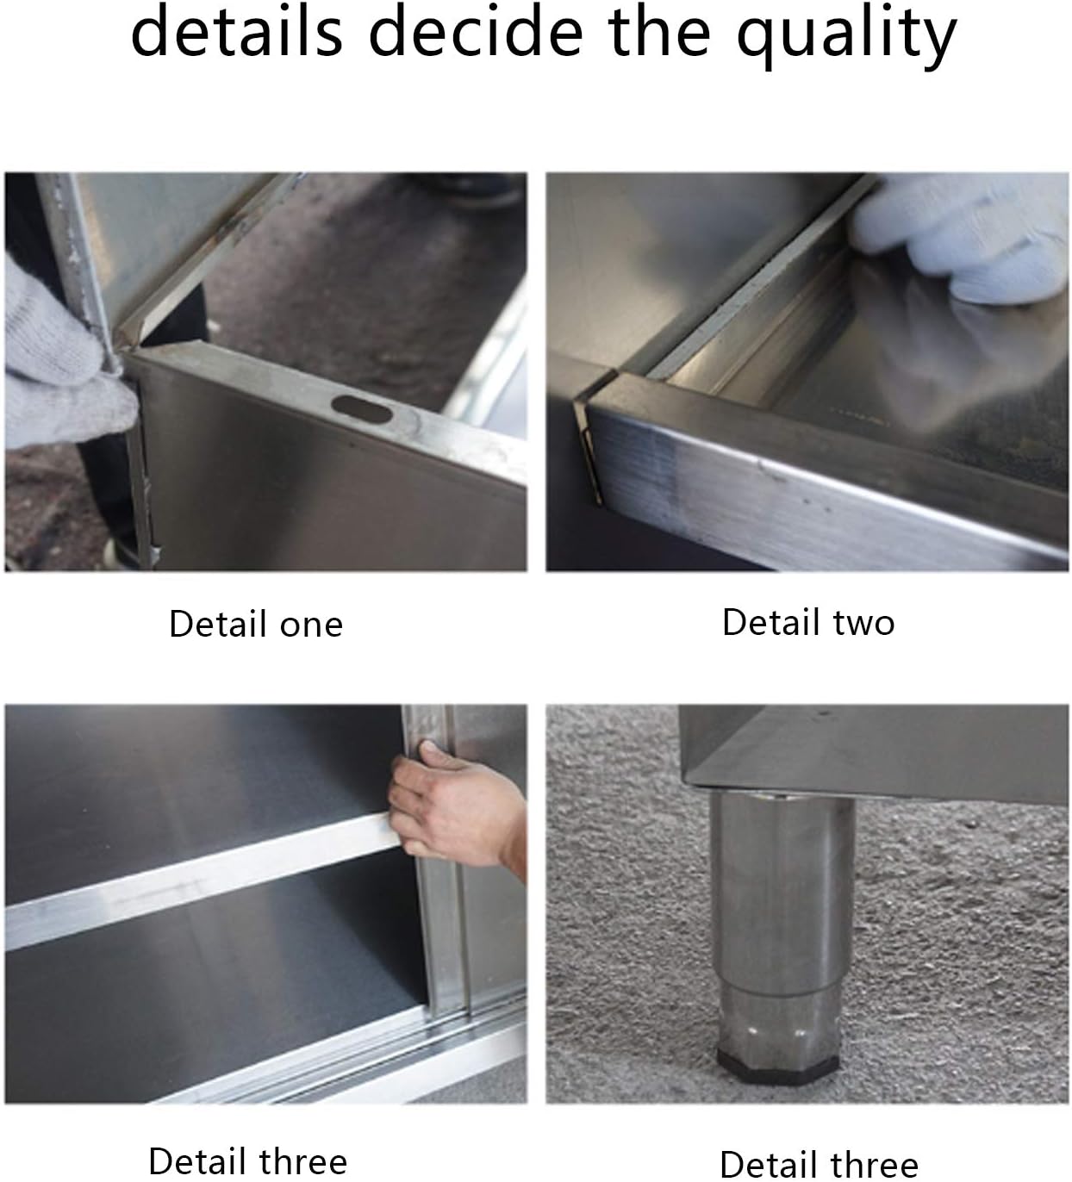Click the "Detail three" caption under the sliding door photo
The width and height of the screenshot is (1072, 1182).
[248, 1161]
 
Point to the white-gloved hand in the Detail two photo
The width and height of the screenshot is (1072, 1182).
[965, 233]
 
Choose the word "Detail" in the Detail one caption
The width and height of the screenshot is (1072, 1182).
[218, 625]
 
